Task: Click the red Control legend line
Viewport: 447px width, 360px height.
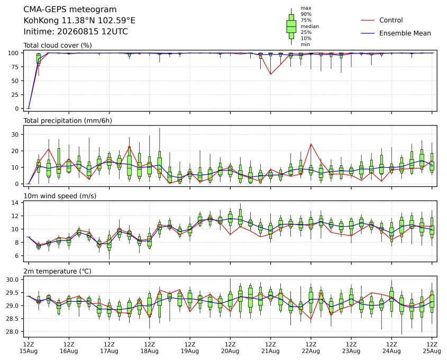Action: [368, 20]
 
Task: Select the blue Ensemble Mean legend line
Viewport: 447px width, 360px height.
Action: [368, 33]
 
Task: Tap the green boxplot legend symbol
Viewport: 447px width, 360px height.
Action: [291, 26]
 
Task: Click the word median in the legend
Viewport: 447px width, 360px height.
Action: [309, 26]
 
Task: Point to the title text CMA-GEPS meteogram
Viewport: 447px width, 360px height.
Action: [70, 10]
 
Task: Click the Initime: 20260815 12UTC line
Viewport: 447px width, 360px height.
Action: [76, 31]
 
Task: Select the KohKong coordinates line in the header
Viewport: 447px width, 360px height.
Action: [79, 21]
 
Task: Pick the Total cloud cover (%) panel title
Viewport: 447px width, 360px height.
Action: [58, 46]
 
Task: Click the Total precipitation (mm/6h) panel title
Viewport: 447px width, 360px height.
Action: [68, 121]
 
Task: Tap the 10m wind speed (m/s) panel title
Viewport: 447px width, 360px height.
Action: [60, 196]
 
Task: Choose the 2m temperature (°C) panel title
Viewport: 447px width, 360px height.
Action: [57, 271]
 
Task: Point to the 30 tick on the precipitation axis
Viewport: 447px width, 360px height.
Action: [15, 134]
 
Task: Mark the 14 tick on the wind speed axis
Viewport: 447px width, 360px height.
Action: [15, 203]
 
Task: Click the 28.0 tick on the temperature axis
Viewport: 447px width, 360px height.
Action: [12, 332]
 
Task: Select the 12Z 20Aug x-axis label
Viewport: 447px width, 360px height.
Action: [230, 348]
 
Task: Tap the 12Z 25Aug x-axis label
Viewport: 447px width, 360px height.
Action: [432, 348]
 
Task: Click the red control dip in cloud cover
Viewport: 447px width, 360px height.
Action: [270, 74]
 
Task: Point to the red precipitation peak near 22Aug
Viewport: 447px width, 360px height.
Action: [311, 144]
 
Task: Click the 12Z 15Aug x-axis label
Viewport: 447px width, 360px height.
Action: [28, 348]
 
